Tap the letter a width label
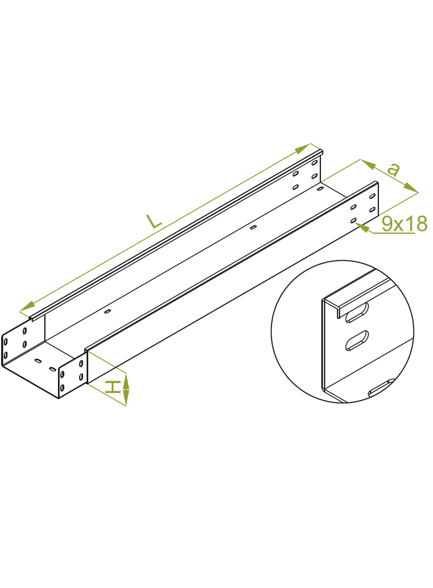[x=393, y=169]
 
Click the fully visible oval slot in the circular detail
[x=357, y=340]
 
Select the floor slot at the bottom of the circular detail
[x=380, y=389]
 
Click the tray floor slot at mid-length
[x=252, y=227]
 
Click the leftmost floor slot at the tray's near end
[x=38, y=361]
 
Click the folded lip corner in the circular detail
[x=325, y=301]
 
